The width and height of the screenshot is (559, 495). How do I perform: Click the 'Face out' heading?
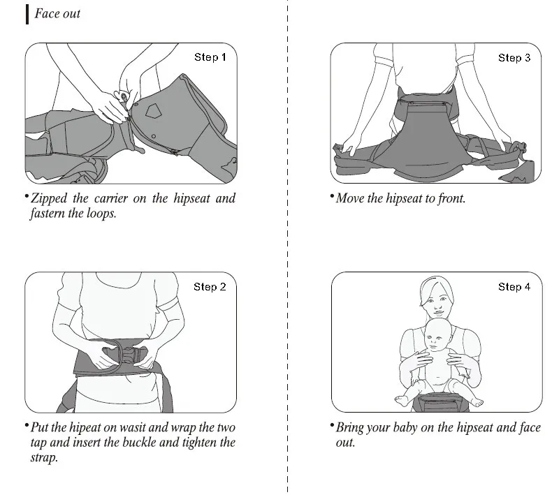tap(57, 14)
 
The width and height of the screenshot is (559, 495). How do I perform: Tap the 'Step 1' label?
tap(210, 57)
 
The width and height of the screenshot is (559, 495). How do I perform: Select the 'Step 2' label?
tap(210, 287)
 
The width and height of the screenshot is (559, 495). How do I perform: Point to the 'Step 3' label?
tap(514, 58)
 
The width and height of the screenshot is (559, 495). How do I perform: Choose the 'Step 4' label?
tap(514, 287)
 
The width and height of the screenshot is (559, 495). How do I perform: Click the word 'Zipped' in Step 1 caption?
tap(49, 199)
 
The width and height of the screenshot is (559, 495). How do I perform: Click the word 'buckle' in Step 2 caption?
tap(138, 443)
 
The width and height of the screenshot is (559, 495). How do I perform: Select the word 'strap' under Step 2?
tap(44, 458)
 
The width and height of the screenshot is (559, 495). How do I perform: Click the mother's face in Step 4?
tap(437, 302)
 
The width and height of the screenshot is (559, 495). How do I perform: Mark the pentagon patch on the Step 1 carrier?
tap(154, 111)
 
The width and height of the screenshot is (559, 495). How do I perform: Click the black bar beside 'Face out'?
tap(27, 14)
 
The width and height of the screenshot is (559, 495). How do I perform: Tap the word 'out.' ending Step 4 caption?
tap(345, 443)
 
